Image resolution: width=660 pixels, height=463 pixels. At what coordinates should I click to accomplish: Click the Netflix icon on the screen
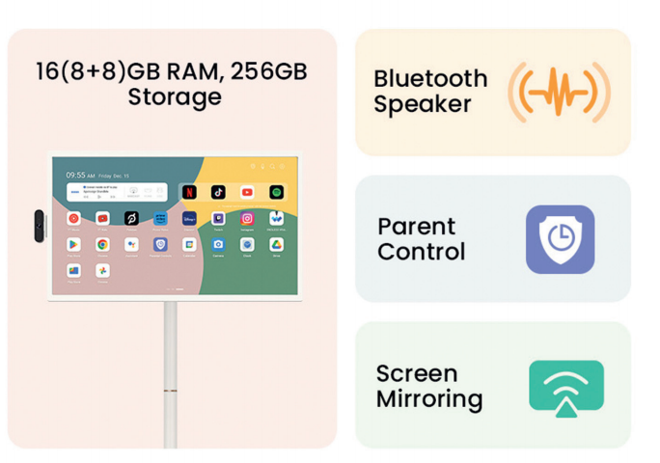click(189, 193)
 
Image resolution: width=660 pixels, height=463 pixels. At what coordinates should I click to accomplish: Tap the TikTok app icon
click(218, 193)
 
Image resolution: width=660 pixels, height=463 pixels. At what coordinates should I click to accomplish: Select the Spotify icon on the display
click(276, 193)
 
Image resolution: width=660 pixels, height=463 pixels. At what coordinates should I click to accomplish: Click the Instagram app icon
click(247, 219)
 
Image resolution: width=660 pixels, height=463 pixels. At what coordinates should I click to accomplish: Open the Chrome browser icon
click(102, 245)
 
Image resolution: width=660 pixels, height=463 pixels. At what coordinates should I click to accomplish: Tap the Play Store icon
click(73, 245)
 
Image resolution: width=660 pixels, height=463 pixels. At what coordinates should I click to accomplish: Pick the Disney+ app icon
click(189, 219)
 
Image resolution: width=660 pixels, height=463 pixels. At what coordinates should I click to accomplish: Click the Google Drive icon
click(276, 245)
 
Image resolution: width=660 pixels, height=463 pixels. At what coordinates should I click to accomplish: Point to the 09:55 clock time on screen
click(77, 176)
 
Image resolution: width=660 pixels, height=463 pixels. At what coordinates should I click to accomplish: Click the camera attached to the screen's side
click(40, 226)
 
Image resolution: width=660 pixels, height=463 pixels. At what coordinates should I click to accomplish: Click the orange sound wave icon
click(559, 93)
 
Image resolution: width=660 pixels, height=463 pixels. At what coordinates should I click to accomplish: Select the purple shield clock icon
click(560, 239)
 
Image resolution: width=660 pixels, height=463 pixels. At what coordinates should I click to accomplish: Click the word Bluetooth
click(430, 78)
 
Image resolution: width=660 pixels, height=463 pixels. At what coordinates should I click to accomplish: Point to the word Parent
click(416, 226)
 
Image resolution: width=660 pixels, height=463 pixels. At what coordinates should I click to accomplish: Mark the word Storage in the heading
click(175, 97)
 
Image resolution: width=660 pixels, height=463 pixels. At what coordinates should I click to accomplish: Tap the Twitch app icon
click(218, 219)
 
